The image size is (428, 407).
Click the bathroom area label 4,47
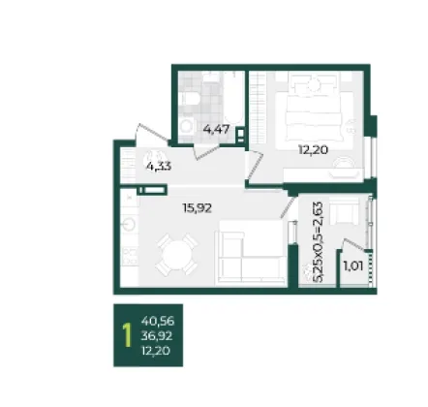point(216,130)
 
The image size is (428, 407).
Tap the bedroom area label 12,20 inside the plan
point(313,150)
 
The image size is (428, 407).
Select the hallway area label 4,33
point(159,167)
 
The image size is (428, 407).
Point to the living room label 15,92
point(198,208)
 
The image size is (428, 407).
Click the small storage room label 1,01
point(353,266)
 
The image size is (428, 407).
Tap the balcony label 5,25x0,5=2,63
point(318,242)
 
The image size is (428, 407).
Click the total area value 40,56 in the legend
point(158,321)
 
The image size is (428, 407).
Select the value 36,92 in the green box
point(157,336)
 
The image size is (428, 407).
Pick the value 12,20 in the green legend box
point(156,351)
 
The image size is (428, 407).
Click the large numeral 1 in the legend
point(127,336)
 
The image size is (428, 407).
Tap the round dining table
point(176,255)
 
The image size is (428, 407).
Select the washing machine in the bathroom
point(187,126)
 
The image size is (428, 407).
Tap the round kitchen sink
point(129,224)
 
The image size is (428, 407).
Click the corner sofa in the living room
point(251,253)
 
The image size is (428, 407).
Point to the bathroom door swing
point(206,151)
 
